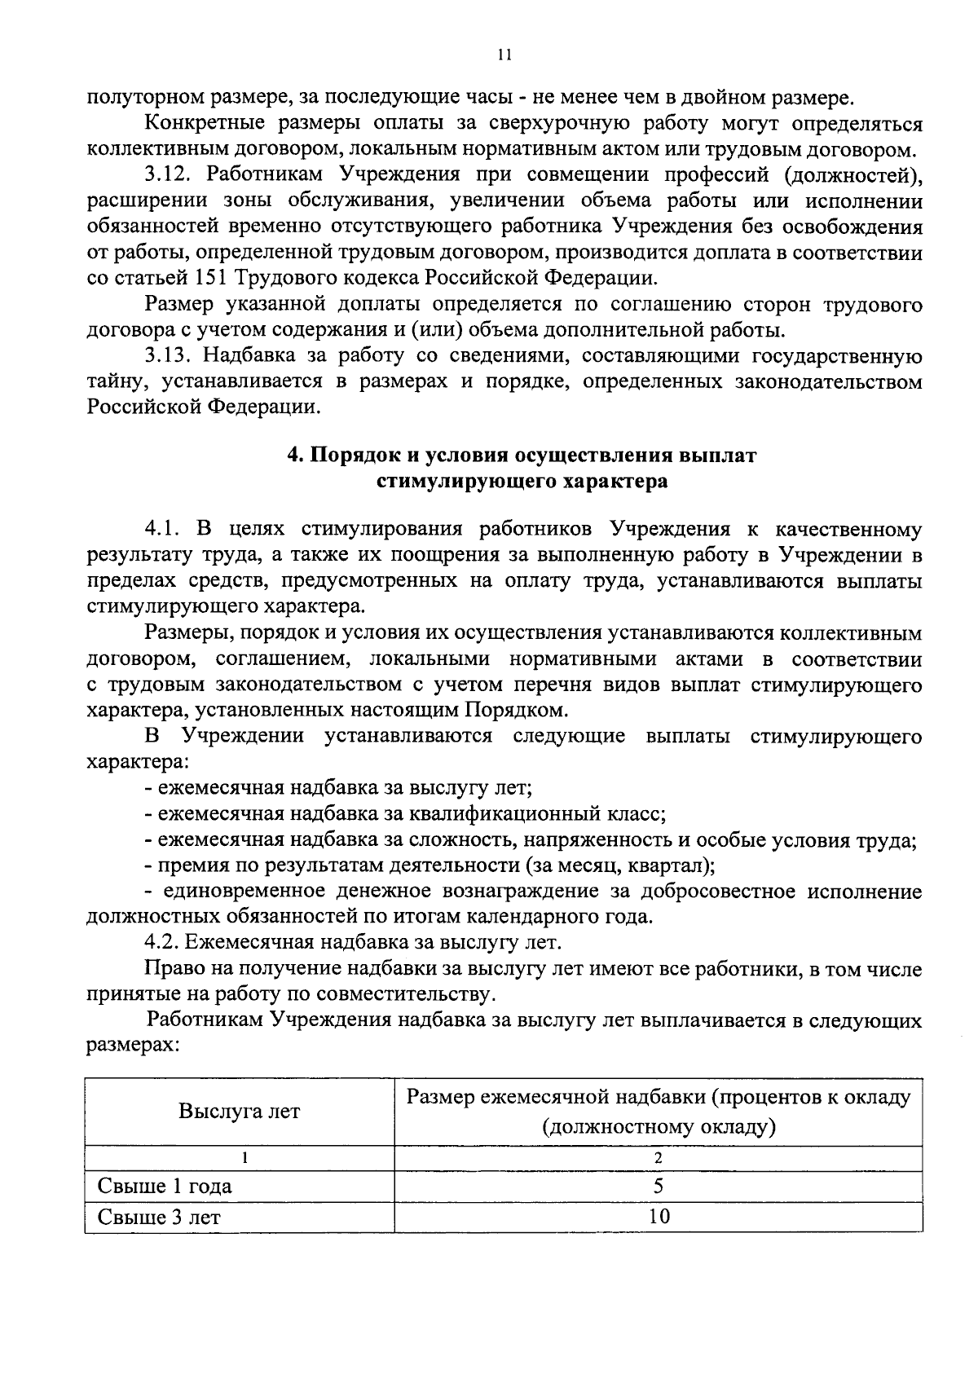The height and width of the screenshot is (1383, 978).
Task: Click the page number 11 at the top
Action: (503, 55)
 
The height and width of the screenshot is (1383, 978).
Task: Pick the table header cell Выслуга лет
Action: (240, 1111)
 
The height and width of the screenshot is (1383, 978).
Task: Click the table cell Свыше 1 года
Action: (165, 1186)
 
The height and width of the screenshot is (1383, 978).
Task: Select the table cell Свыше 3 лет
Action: (159, 1217)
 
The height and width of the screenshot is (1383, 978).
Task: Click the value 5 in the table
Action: (659, 1186)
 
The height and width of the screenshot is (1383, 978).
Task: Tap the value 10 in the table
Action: (659, 1217)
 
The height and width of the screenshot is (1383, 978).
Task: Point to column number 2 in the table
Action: (659, 1158)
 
